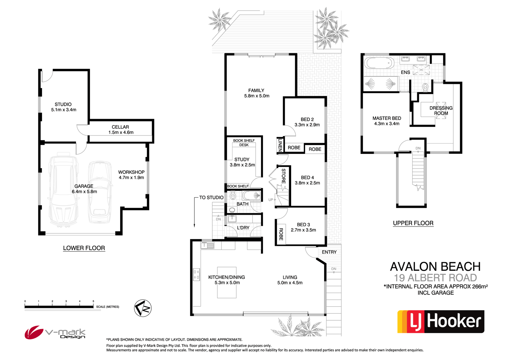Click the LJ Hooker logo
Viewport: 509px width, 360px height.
pyautogui.click(x=441, y=321)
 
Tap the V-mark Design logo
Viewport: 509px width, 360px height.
pyautogui.click(x=55, y=332)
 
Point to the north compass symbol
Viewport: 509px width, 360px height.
pyautogui.click(x=143, y=308)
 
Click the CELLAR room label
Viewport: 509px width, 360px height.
pyautogui.click(x=120, y=127)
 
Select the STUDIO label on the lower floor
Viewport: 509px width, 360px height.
pyautogui.click(x=63, y=104)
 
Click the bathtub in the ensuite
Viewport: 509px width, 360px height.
pyautogui.click(x=379, y=63)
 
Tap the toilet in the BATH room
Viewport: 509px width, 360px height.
pyautogui.click(x=233, y=196)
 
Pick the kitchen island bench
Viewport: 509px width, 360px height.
pyautogui.click(x=227, y=282)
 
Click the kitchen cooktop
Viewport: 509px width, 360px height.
pyautogui.click(x=196, y=274)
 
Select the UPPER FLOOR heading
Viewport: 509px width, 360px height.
pyautogui.click(x=413, y=223)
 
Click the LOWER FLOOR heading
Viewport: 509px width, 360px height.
pyautogui.click(x=84, y=248)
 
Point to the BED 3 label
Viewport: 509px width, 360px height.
pyautogui.click(x=303, y=224)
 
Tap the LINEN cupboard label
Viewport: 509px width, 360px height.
pyautogui.click(x=280, y=145)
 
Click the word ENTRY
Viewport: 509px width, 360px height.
pyautogui.click(x=329, y=252)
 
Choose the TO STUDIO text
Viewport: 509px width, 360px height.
pyautogui.click(x=211, y=197)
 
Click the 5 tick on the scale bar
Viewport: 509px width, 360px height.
pyautogui.click(x=93, y=302)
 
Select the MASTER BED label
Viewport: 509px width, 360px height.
pyautogui.click(x=387, y=118)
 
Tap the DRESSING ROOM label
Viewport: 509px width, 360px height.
pyautogui.click(x=441, y=110)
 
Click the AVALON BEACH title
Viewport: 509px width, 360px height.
pyautogui.click(x=435, y=267)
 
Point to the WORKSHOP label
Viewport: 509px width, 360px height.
pyautogui.click(x=131, y=172)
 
